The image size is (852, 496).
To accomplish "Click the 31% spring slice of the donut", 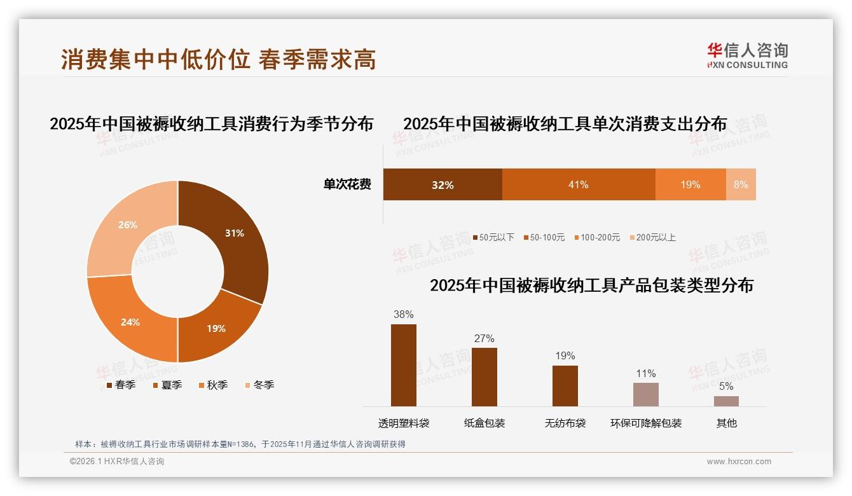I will [235, 234].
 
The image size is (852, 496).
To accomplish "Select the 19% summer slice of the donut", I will [216, 328].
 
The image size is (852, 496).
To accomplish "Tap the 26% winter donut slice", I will [127, 225].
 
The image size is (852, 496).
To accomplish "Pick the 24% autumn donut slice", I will [130, 322].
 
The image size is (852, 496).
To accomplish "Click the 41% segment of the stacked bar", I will [579, 184].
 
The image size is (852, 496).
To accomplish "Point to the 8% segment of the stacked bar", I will [741, 184].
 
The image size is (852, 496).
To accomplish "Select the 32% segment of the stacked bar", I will [443, 184].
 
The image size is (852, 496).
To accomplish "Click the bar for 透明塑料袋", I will [404, 365].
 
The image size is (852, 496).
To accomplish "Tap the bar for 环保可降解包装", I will [645, 394].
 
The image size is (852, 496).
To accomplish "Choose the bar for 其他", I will [726, 401].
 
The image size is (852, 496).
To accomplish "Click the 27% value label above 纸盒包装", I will [484, 338].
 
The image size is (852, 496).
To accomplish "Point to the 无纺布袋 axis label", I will [565, 423].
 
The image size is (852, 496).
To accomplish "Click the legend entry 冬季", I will [263, 385].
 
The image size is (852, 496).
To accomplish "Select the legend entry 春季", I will [125, 385].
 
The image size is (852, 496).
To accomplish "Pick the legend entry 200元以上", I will [656, 237].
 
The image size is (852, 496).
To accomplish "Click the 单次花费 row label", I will [347, 184].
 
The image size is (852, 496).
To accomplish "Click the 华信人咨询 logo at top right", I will [747, 55].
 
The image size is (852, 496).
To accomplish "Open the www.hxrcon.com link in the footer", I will [739, 462].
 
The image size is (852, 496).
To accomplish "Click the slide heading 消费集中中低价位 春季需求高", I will [219, 59].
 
